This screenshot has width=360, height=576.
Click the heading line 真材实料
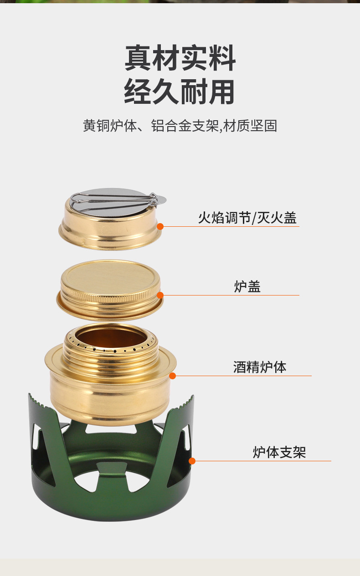(x=180, y=58)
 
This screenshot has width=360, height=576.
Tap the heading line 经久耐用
(x=180, y=92)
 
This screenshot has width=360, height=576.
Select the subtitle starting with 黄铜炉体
(x=180, y=126)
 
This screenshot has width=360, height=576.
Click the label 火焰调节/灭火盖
(x=247, y=218)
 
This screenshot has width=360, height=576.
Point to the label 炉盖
(x=247, y=287)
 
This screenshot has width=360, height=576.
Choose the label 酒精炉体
(x=260, y=367)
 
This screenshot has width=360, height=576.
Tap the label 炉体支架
(x=279, y=452)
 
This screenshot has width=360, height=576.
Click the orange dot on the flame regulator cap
(x=160, y=226)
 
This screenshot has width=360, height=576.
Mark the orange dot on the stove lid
(x=160, y=295)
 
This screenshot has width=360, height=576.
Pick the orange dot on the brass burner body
(x=172, y=376)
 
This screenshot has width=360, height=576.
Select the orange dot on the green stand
(x=192, y=461)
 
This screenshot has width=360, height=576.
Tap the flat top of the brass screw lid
(x=110, y=275)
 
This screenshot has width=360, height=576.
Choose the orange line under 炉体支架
(x=264, y=461)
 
